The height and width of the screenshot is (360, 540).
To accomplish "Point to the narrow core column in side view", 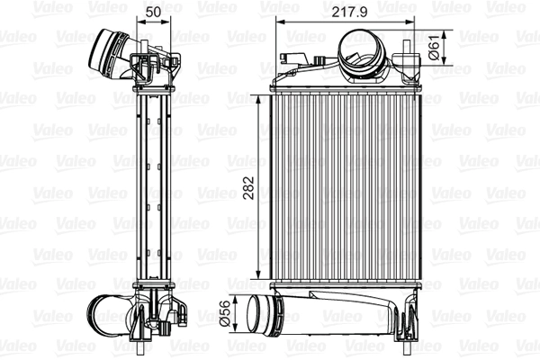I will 152,189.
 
